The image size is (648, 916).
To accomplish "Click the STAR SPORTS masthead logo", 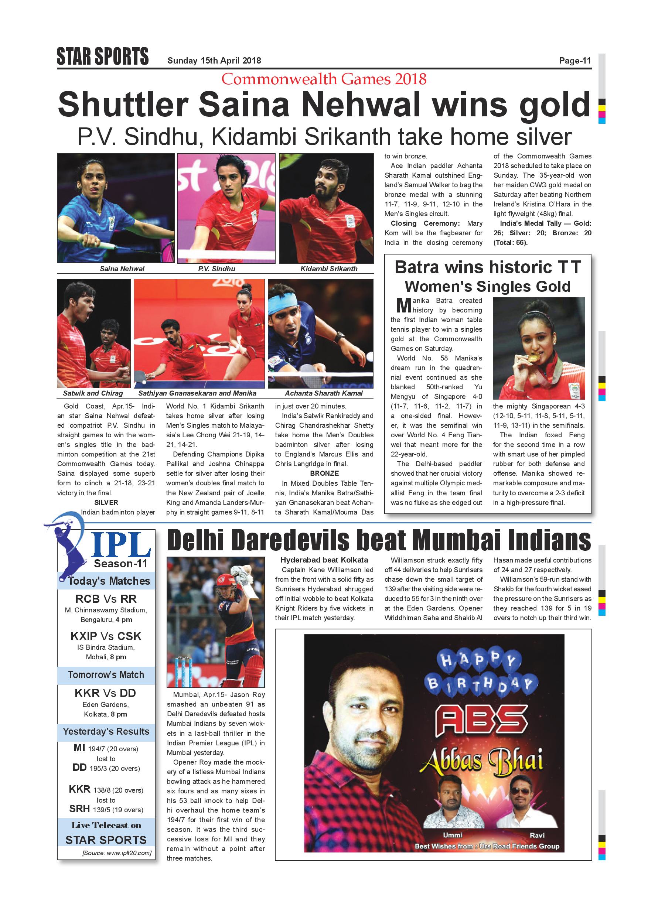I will coord(103,56).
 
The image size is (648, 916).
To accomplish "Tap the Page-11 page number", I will coord(574,61).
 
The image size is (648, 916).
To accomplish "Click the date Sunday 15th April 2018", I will coord(214,61).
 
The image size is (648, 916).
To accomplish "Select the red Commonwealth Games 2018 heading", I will coord(324,79).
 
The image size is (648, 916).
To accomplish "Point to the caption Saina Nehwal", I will coord(122,269).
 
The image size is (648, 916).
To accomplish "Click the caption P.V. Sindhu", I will coord(216,269).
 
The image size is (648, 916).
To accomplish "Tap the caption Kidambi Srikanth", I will coord(329,269).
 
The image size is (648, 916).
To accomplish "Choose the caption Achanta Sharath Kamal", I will coord(324,393).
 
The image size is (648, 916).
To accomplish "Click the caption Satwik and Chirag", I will coord(93,393).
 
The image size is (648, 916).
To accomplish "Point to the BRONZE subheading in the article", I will coord(324,473).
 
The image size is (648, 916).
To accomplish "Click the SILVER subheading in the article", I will coord(106,502).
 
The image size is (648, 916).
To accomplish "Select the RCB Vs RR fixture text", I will coord(106,599).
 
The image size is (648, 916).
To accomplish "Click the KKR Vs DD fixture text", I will coord(106,693).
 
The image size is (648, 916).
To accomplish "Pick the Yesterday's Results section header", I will coord(106,731).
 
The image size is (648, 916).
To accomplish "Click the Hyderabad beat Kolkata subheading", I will coord(324,560).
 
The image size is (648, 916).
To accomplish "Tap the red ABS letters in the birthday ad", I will coord(482,720).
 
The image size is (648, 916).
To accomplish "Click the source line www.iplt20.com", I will coord(116,853).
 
